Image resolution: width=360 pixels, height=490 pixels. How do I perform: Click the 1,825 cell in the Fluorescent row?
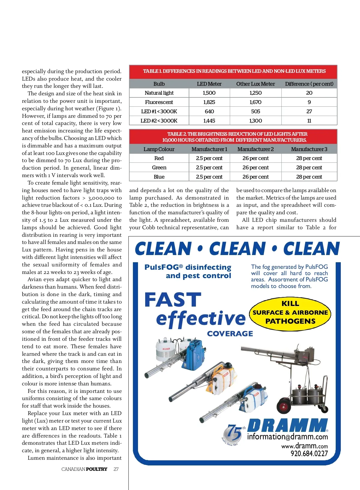(x=209, y=102)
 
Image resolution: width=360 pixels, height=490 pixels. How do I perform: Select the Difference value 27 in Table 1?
(x=309, y=111)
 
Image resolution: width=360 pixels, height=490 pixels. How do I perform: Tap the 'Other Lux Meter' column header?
(x=255, y=84)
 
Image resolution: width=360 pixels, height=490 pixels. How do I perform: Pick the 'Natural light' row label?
(x=159, y=93)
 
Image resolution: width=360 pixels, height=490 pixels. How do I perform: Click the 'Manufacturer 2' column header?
(x=255, y=149)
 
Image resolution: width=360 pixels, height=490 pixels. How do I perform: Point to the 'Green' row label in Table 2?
(x=159, y=168)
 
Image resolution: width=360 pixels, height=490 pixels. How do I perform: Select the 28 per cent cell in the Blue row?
(x=309, y=177)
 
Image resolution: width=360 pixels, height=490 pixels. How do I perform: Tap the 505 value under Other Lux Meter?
(x=255, y=111)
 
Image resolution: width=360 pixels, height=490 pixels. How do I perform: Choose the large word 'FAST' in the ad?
(x=172, y=300)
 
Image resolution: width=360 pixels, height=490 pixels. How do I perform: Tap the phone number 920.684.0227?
(x=309, y=454)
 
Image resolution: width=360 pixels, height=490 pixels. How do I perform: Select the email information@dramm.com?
(x=287, y=437)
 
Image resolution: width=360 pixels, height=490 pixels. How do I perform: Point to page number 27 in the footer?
(x=116, y=469)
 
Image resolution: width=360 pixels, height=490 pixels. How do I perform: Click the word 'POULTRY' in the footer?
(x=97, y=469)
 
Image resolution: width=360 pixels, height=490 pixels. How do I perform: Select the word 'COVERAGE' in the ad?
(x=230, y=334)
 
